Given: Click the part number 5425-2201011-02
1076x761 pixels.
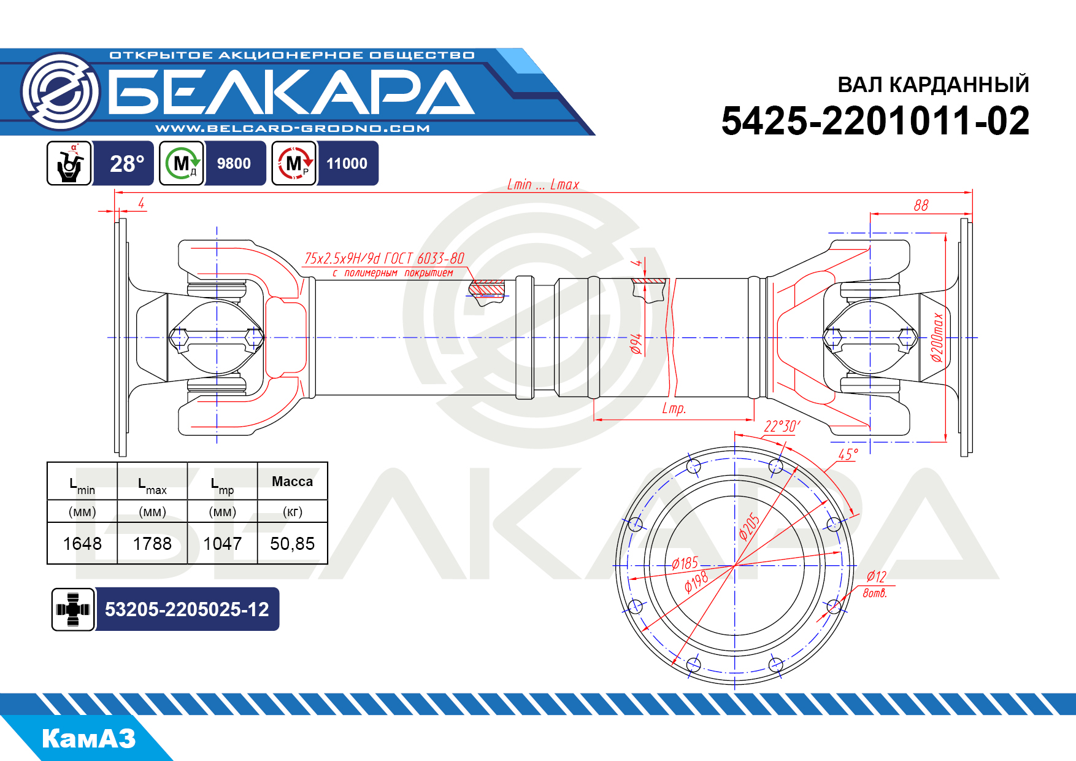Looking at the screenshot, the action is click(875, 120).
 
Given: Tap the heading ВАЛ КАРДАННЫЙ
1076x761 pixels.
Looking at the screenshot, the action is click(933, 85).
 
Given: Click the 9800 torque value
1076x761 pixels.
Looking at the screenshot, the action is click(234, 163).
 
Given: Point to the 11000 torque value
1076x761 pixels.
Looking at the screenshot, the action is click(347, 163).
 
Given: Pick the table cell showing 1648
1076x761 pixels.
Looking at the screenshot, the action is click(82, 544).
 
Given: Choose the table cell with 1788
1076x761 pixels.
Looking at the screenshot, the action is click(152, 544).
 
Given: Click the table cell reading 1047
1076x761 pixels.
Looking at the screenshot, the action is click(222, 544).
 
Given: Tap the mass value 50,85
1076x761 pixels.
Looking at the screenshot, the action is click(292, 544).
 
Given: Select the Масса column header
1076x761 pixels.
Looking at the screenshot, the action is click(292, 482).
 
